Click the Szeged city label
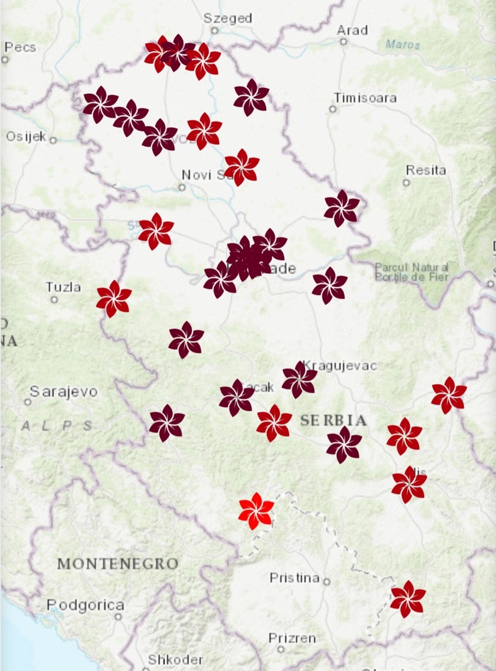point(228,18)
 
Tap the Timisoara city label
point(365,98)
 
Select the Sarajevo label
point(64,391)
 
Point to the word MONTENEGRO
point(117,564)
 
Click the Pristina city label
point(294,578)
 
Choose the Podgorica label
point(85,605)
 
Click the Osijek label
point(26,137)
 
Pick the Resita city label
point(426,171)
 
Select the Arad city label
point(352,30)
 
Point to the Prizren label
point(292,638)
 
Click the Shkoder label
point(175,660)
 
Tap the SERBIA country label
point(334,420)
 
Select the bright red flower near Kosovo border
point(256,511)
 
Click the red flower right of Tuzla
point(114,298)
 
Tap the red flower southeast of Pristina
point(408,599)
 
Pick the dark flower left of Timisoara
point(252,97)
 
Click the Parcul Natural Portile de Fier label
point(411,272)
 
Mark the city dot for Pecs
point(5,59)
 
